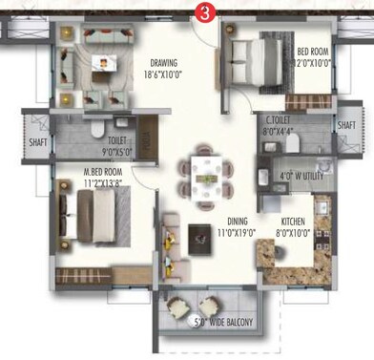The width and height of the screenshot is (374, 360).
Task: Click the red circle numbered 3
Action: tap(201, 11)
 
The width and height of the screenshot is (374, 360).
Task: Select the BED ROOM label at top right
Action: tap(313, 52)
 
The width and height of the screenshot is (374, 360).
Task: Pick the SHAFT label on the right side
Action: tap(347, 123)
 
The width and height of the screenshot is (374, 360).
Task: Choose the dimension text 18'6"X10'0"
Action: tap(161, 74)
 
